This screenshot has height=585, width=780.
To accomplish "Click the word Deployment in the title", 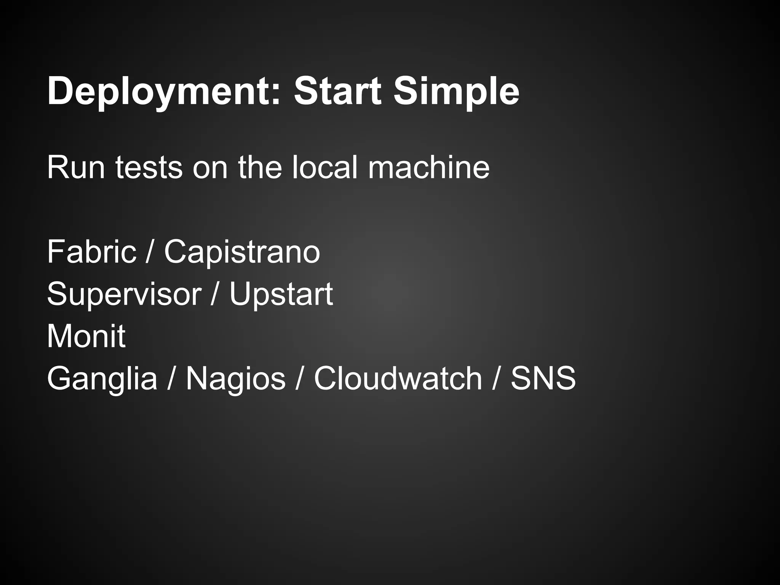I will click(x=162, y=91).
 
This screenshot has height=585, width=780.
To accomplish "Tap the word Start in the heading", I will click(x=337, y=91).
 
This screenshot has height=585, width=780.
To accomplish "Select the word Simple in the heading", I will click(x=456, y=91).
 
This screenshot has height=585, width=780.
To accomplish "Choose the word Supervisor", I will click(x=124, y=294).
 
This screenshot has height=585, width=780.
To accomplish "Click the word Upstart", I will click(x=281, y=294).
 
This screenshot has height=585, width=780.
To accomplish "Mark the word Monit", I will click(x=86, y=336).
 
